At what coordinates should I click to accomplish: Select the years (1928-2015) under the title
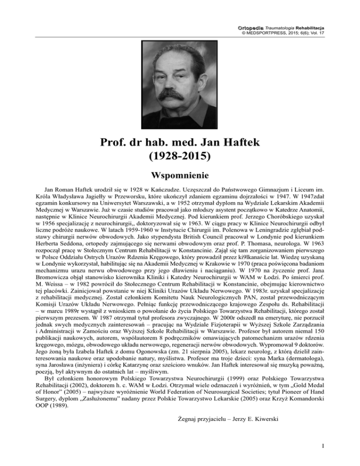point(180,157)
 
